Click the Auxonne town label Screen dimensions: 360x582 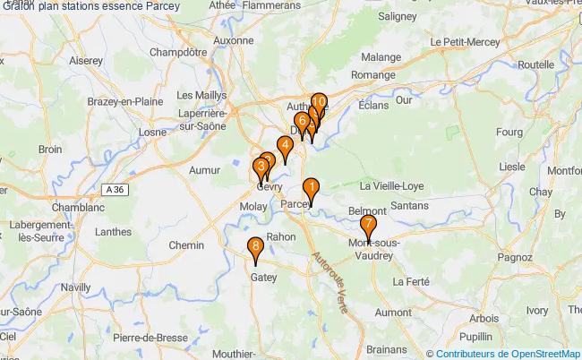tap(234, 40)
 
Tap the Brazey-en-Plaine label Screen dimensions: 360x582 tap(124, 102)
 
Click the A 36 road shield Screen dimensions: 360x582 tap(113, 190)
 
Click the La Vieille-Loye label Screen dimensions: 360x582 tap(395, 185)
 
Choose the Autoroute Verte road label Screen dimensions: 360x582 tap(330, 278)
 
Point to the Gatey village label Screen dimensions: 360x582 tap(261, 278)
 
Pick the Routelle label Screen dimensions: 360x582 tap(536, 65)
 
